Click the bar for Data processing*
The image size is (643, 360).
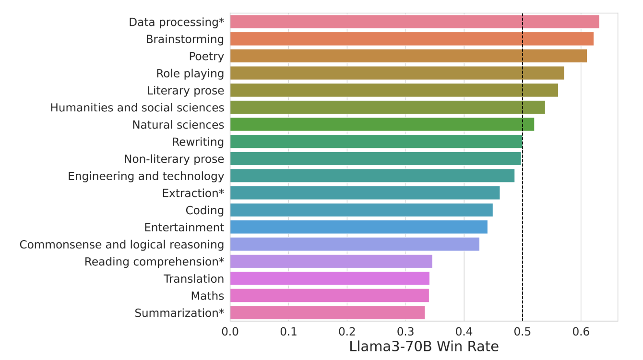[415, 22]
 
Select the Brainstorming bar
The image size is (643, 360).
[412, 39]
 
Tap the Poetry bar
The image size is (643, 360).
[408, 56]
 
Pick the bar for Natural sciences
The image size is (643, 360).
[382, 125]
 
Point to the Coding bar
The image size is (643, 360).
[361, 210]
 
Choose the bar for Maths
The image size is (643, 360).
[329, 296]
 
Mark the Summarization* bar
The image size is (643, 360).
[327, 313]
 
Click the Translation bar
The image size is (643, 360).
[330, 279]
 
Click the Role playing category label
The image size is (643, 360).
[190, 73]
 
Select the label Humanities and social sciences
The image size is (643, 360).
[137, 108]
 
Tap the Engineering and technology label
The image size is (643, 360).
[146, 176]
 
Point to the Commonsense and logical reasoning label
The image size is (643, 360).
[122, 245]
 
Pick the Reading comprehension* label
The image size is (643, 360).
[155, 262]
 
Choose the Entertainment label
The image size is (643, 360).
[184, 228]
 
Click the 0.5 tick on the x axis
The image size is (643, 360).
[522, 331]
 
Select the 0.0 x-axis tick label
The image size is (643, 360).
[230, 331]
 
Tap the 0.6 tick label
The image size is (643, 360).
[581, 331]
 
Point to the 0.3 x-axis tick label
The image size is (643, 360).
[405, 331]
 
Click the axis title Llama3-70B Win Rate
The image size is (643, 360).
[424, 347]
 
